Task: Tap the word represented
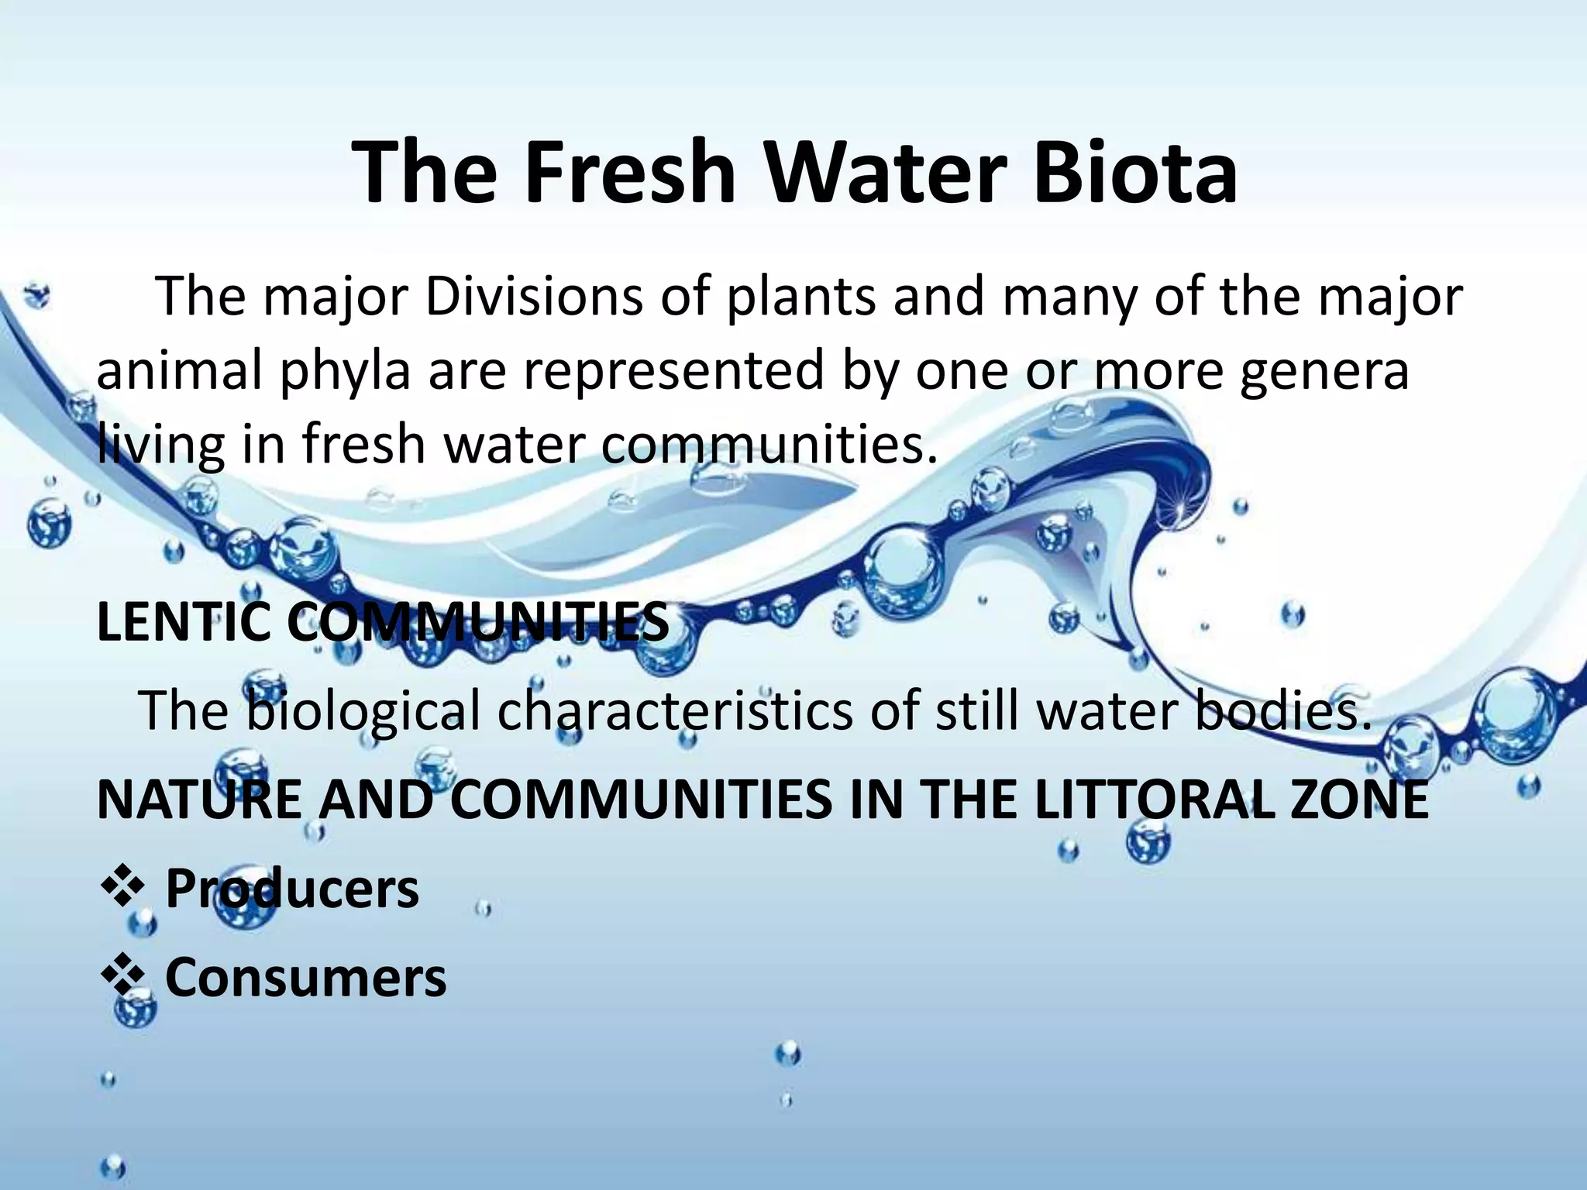click(x=673, y=371)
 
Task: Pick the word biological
click(x=363, y=711)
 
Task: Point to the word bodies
click(x=1282, y=710)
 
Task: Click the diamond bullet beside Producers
click(x=122, y=888)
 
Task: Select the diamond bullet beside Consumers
click(x=122, y=978)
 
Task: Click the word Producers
click(x=292, y=889)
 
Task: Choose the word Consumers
click(x=306, y=978)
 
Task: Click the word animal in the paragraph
click(x=179, y=371)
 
